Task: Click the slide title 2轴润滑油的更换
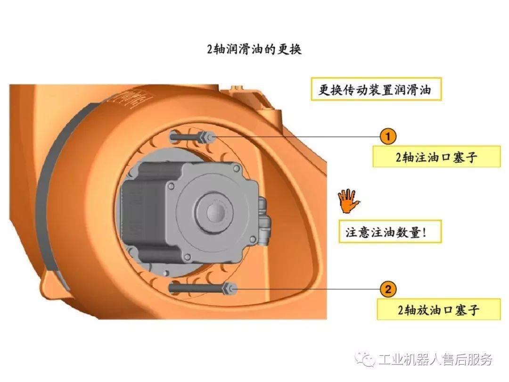(x=254, y=49)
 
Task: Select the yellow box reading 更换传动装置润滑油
(x=376, y=89)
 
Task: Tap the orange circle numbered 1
(x=388, y=136)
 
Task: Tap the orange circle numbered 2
(x=388, y=289)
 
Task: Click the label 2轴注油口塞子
(x=436, y=157)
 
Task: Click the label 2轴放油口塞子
(x=439, y=309)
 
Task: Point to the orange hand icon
(x=347, y=200)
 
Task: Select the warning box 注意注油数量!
(x=390, y=232)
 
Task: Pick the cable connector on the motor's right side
(x=264, y=220)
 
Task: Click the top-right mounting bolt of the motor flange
(x=236, y=169)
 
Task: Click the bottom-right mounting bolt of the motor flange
(x=252, y=240)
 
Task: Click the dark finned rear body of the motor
(x=143, y=211)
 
